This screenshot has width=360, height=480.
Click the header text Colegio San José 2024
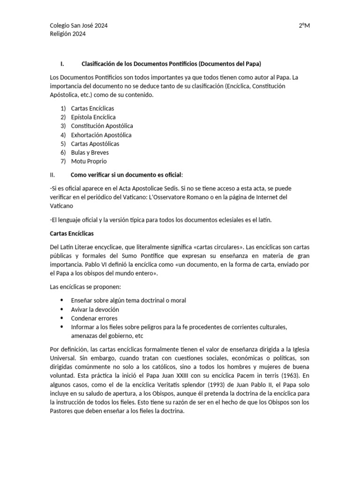click(x=78, y=25)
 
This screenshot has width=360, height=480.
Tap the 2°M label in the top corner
click(x=304, y=25)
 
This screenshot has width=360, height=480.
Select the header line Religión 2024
click(x=67, y=34)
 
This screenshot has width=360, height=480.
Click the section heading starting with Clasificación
click(x=171, y=63)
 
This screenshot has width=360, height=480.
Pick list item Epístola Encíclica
click(x=93, y=117)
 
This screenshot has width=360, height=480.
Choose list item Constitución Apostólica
click(x=102, y=126)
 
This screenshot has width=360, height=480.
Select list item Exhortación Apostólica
click(x=101, y=135)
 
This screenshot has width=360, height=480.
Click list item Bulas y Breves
click(x=90, y=153)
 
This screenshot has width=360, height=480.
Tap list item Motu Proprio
click(x=89, y=161)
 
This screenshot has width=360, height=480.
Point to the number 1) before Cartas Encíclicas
click(x=63, y=108)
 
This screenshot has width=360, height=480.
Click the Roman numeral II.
click(x=52, y=175)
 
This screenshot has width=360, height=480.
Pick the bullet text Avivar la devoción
click(x=95, y=309)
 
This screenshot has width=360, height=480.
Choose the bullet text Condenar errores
click(x=94, y=318)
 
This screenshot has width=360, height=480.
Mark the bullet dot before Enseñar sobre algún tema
click(x=63, y=300)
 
